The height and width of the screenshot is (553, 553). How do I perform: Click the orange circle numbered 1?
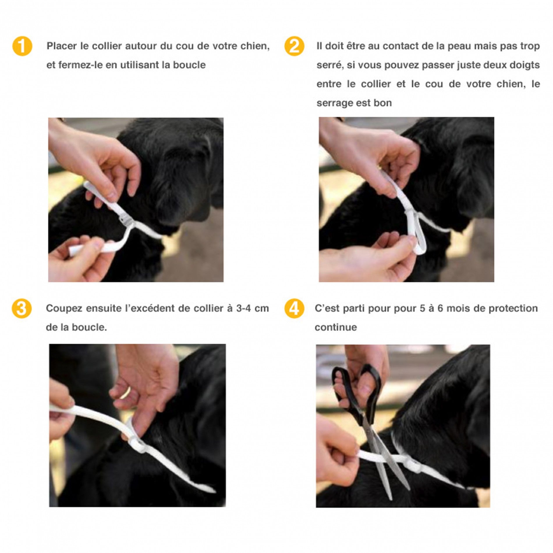(x=22, y=46)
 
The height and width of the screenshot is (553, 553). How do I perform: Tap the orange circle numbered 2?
(x=294, y=46)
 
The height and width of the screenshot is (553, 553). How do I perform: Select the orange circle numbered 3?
(x=22, y=308)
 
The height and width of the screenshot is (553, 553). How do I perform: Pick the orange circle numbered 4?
(x=294, y=308)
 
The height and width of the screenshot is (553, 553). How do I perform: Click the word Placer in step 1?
(x=62, y=46)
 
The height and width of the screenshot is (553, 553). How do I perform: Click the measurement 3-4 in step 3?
(x=244, y=309)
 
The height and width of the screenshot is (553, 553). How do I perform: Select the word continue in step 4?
(x=336, y=327)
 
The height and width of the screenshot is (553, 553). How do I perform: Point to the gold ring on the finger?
(x=125, y=393)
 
